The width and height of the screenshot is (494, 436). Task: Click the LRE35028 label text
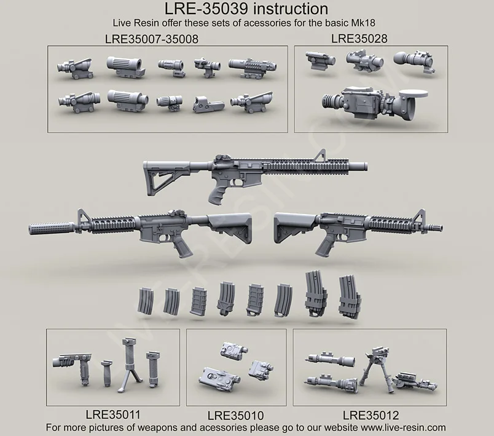pyautogui.click(x=359, y=38)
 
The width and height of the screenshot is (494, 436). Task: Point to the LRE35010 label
pyautogui.click(x=235, y=415)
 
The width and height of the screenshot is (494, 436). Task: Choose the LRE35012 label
pyautogui.click(x=370, y=415)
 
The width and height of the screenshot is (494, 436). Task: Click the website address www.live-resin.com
pyautogui.click(x=395, y=427)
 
